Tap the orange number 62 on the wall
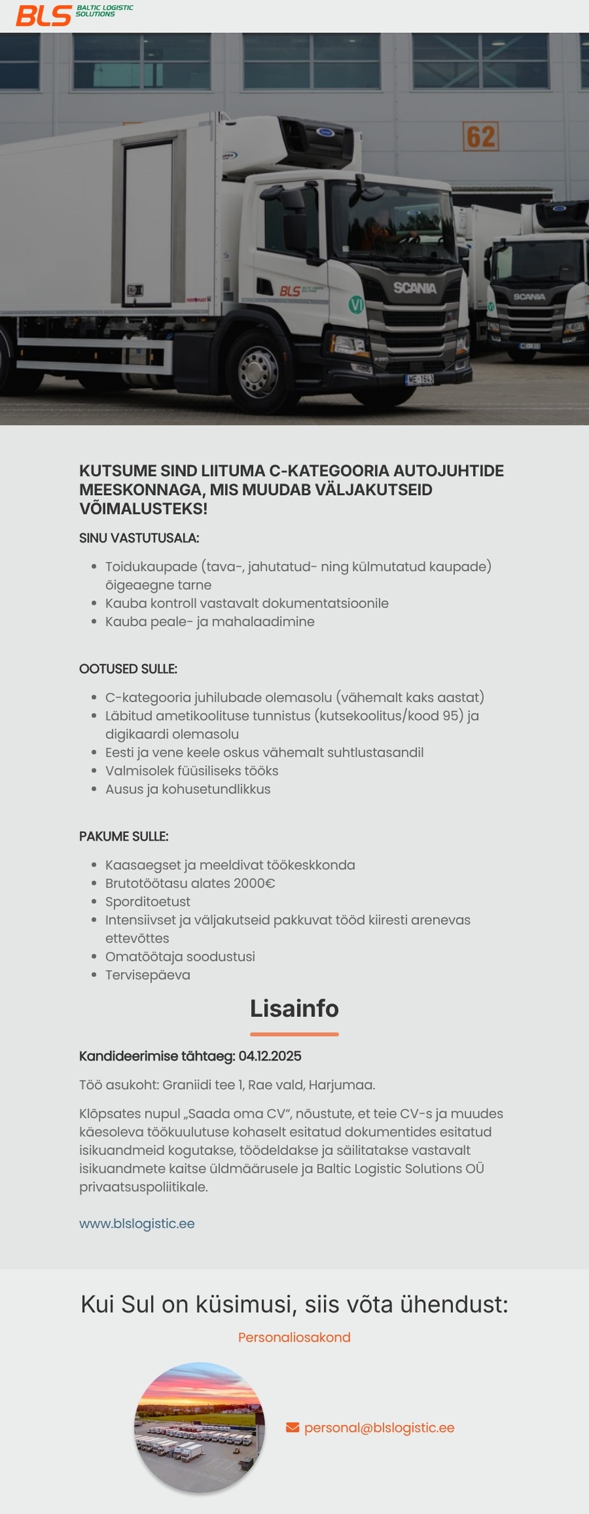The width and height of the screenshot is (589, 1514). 481,136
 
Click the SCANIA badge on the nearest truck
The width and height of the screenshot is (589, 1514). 414,288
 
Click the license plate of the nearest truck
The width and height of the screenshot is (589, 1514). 420,379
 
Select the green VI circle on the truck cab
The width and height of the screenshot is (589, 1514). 356,305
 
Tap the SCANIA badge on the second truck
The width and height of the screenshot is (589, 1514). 529,296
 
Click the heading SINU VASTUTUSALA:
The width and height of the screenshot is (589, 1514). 139,538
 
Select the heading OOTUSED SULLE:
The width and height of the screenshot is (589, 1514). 128,669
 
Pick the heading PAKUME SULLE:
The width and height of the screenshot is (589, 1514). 124,836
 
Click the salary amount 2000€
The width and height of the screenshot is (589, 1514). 254,883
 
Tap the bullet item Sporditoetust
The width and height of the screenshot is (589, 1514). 148,902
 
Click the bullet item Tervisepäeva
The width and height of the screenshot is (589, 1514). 148,975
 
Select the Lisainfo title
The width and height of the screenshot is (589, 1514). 294,1008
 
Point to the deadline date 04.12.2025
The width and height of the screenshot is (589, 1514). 270,1056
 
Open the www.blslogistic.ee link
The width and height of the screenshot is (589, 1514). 137,1224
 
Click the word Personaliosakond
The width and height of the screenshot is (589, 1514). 294,1337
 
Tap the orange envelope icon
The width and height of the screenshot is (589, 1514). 292,1428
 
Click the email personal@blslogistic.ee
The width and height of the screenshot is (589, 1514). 379,1428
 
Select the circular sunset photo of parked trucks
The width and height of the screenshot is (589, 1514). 200,1427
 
